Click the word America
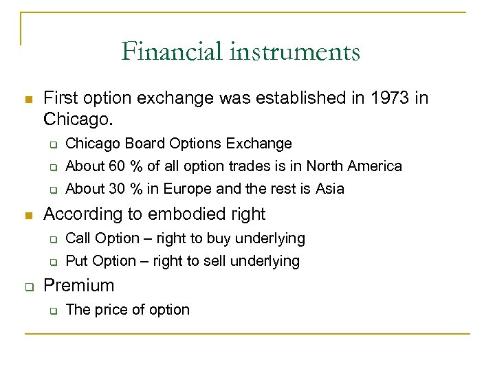(x=375, y=166)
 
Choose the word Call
(x=78, y=238)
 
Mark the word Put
(x=76, y=261)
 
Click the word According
(x=76, y=214)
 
